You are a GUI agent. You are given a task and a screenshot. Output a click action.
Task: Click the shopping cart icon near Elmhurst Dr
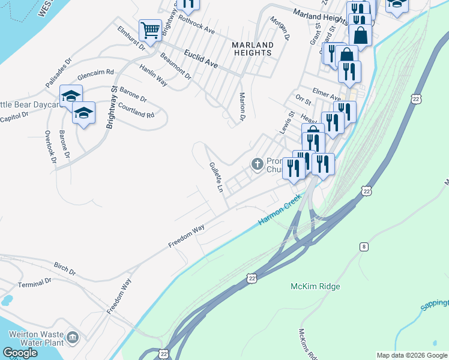[149, 29]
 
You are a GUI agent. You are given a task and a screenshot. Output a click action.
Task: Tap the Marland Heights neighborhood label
[253, 49]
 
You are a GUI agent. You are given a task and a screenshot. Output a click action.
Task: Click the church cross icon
[258, 164]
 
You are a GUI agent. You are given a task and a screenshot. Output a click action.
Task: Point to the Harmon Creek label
[280, 213]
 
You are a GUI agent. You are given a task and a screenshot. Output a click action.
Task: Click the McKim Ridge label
[315, 286]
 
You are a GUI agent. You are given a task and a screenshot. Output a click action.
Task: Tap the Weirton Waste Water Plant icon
[73, 338]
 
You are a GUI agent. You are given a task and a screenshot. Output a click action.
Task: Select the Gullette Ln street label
[216, 176]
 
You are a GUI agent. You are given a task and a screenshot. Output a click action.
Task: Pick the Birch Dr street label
[64, 268]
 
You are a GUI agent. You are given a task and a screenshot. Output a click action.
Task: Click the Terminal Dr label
[35, 283]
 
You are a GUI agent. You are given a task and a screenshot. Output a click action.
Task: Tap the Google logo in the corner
[20, 353]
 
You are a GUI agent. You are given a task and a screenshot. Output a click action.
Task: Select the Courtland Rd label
[137, 110]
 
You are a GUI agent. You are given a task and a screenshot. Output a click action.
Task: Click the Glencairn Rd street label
[95, 76]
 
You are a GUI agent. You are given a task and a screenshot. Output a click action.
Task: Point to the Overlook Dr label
[50, 147]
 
